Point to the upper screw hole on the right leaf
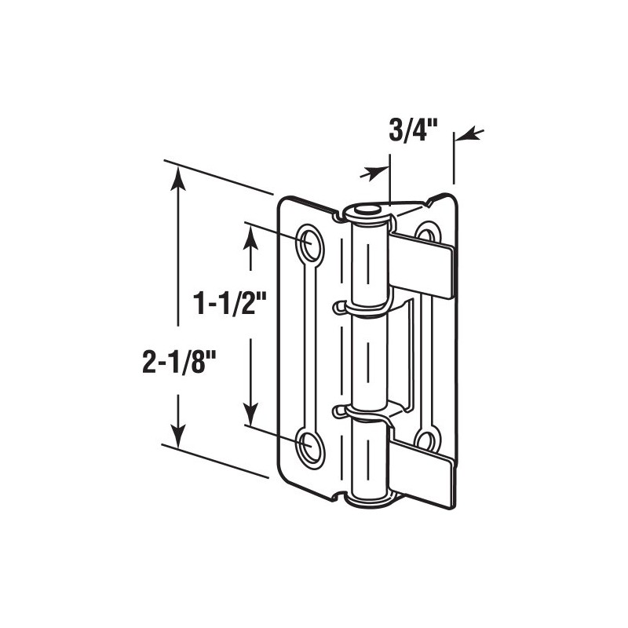pos(426,233)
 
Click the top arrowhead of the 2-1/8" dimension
pos(180,176)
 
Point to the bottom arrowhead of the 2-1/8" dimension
pos(180,434)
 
